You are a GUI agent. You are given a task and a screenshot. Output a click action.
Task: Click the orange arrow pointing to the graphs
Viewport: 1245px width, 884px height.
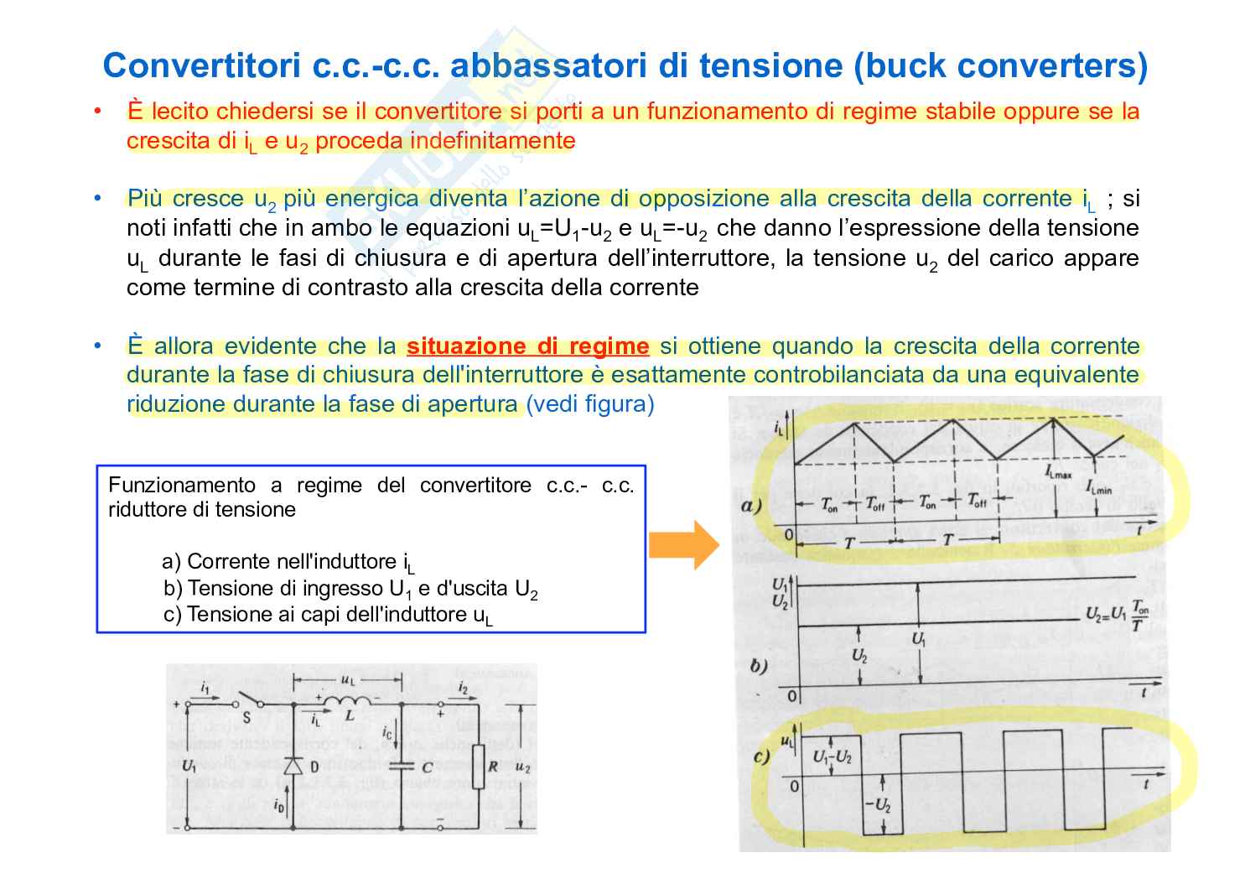point(684,545)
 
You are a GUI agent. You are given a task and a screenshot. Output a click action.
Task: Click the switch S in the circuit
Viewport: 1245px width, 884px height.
point(247,701)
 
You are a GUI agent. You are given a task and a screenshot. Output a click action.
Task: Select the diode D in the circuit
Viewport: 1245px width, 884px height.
point(293,766)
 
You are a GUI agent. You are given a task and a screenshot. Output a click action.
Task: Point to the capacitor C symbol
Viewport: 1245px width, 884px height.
point(403,766)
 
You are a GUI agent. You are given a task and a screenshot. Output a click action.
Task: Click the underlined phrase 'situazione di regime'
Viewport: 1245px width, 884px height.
point(527,346)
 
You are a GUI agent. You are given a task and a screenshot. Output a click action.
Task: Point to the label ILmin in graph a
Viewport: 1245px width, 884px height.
point(1098,486)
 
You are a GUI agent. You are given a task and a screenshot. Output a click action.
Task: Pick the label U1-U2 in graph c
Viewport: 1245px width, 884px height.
point(832,757)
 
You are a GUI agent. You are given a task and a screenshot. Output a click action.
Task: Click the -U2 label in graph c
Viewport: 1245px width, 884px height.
point(877,806)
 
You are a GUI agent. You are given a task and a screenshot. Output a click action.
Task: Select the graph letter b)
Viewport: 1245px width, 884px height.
point(759,667)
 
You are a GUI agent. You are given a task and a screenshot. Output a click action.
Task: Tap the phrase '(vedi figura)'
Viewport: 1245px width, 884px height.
point(589,404)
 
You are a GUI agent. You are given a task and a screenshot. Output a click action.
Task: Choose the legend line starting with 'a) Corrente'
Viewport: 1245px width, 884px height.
point(288,562)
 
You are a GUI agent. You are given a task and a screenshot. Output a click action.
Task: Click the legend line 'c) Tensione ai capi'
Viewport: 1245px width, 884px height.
point(329,615)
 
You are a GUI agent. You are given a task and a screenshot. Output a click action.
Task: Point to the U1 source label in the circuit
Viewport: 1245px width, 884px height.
point(189,766)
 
